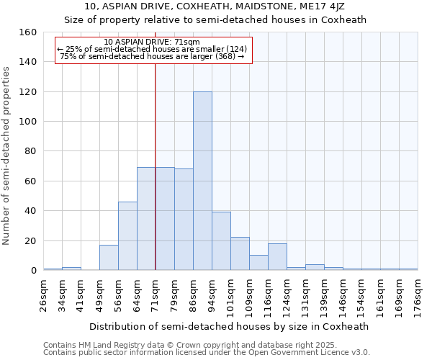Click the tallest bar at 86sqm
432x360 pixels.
pos(202,181)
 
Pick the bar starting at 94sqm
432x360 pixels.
pos(221,241)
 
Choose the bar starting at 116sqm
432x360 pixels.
pos(277,257)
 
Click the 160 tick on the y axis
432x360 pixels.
pos(28,32)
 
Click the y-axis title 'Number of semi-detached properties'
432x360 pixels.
pos(7,151)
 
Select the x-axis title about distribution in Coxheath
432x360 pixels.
pos(230,326)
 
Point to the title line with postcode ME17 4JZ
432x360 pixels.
pos(215,6)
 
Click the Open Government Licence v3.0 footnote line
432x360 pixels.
pos(207,352)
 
